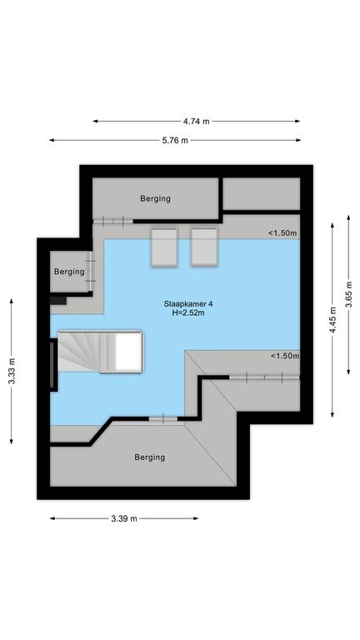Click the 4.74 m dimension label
[x=196, y=121]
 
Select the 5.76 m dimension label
[x=175, y=140]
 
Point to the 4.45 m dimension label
[x=333, y=320]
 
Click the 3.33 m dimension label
[x=12, y=371]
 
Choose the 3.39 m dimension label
[x=124, y=519]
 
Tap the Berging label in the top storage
[x=156, y=199]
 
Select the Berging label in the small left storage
[x=69, y=272]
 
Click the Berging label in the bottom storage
[x=150, y=457]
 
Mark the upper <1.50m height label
[x=282, y=233]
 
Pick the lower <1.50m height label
[x=285, y=356]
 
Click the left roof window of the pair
[x=164, y=247]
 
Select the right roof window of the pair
[x=204, y=247]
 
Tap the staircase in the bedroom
[x=100, y=352]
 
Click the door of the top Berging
[x=113, y=221]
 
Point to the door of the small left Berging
[x=92, y=272]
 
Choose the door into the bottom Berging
[x=162, y=419]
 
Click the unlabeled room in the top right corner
[x=262, y=194]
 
